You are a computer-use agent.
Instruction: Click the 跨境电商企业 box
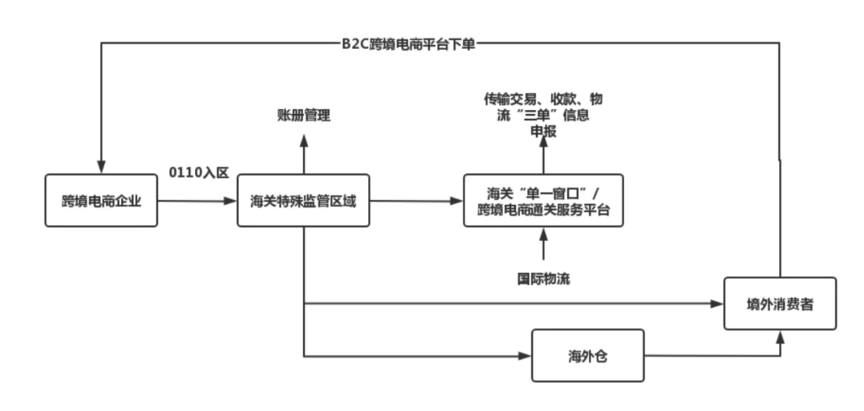coord(101,201)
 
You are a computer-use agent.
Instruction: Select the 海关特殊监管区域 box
coord(303,201)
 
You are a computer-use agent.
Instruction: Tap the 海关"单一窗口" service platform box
coord(543,201)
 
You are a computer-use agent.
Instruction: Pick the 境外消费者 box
coord(779,303)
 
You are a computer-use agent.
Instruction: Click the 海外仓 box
coord(588,355)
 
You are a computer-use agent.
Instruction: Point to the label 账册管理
coord(303,116)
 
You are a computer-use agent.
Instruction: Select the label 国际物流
coord(543,279)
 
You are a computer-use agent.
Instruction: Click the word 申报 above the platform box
coord(543,132)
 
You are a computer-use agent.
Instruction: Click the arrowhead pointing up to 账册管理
coord(303,140)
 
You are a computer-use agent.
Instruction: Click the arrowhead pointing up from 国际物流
coord(543,234)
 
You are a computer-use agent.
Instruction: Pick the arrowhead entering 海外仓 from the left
coord(526,355)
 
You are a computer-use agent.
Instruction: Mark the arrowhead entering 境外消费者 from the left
coord(718,303)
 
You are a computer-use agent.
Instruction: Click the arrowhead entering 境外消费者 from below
coord(780,336)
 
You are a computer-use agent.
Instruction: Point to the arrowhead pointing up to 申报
coord(543,141)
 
